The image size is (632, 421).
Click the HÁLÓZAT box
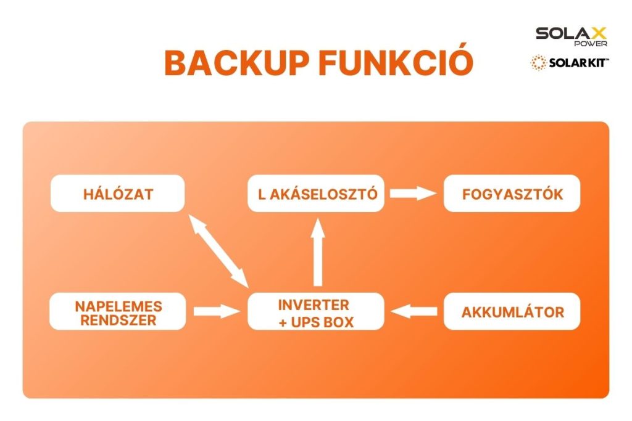point(117,194)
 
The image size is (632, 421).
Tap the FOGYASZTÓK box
point(512,194)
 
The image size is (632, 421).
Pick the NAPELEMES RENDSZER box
point(117,312)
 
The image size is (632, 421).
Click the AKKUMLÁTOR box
point(512,312)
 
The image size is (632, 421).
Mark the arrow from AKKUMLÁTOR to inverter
point(414,312)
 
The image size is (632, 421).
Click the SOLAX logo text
point(571,33)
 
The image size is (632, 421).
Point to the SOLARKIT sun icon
point(538,63)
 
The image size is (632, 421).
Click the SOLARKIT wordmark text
point(579,63)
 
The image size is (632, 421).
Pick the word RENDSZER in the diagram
point(117,320)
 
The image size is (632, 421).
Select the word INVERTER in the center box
point(314,305)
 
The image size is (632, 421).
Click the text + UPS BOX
point(316,321)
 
